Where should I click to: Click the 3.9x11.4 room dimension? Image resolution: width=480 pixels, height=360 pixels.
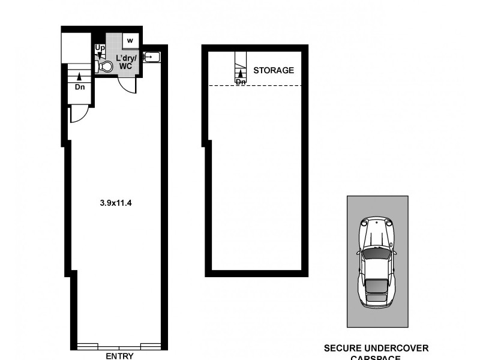point(116,203)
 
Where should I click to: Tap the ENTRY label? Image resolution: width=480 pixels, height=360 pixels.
point(119,355)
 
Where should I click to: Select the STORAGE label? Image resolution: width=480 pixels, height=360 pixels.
point(274,70)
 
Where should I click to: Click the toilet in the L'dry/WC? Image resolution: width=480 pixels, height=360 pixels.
point(106,66)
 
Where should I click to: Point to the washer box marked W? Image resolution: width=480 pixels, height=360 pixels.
point(130,41)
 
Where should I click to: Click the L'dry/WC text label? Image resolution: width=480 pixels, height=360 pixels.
point(127,61)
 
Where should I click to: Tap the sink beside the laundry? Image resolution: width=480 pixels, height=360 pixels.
point(151,57)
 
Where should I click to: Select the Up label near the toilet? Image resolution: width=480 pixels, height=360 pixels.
point(99,47)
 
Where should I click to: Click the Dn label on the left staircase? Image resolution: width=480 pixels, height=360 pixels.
point(79,86)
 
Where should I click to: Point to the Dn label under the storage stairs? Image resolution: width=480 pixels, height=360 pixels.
point(241,82)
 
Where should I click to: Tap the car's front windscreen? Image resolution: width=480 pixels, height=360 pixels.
point(376,254)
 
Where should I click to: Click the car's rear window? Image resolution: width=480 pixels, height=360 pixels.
point(376,287)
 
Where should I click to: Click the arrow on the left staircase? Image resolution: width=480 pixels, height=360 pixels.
point(79,76)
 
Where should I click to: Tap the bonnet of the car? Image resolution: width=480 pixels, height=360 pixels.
point(376,231)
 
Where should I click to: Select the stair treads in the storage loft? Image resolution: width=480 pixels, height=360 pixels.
point(241,62)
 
